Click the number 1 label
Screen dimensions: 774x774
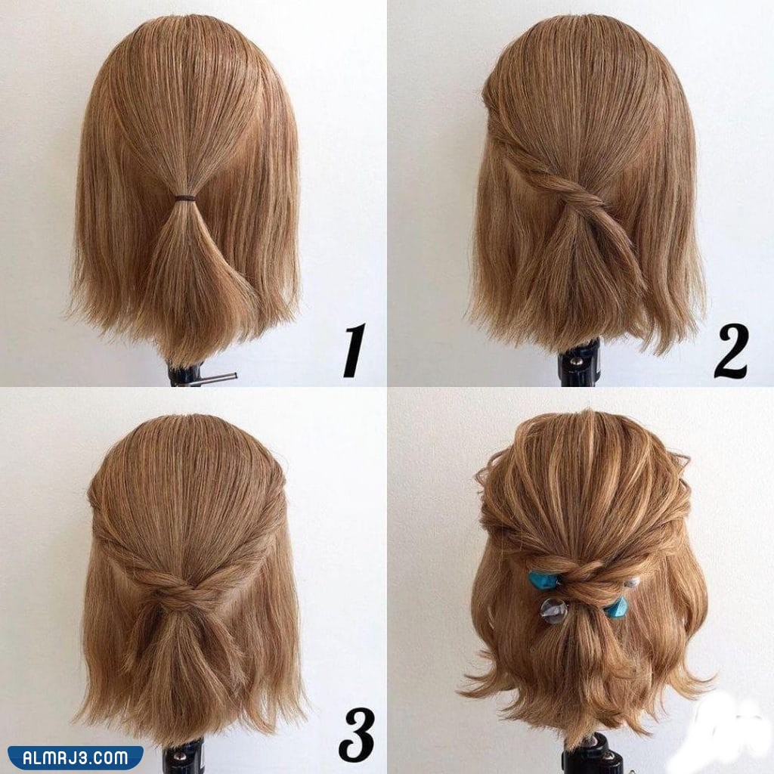pos(355,351)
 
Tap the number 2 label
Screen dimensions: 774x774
pos(731,351)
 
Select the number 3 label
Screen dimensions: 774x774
pos(357,734)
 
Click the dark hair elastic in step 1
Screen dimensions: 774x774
pos(185,199)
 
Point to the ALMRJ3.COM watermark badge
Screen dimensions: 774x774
pos(75,757)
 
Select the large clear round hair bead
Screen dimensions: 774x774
pos(553,611)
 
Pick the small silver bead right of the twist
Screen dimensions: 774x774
pos(632,583)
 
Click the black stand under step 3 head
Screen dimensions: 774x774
pos(183,757)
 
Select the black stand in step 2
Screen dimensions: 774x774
pos(578,363)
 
